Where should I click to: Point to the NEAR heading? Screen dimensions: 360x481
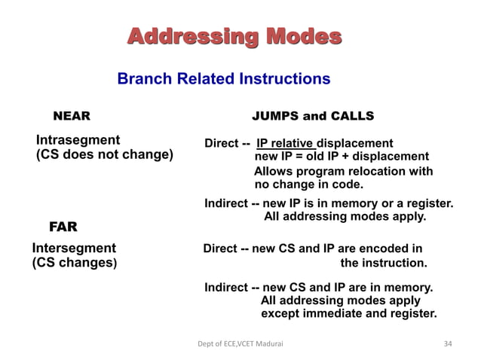[x=71, y=117]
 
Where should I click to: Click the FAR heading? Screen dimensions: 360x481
[x=63, y=227]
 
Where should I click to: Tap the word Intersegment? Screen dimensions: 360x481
[x=74, y=248]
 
